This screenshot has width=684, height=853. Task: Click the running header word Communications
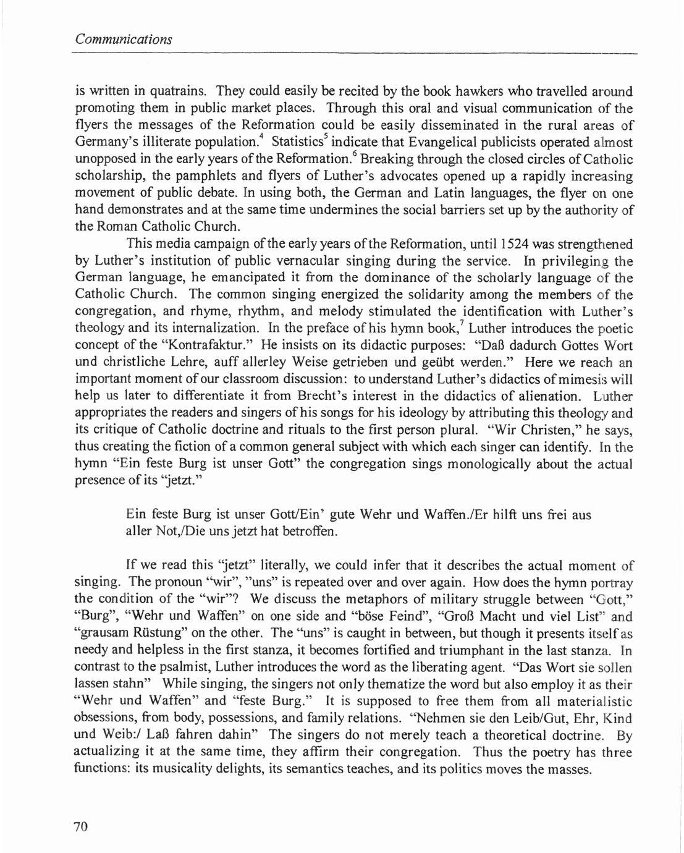(123, 40)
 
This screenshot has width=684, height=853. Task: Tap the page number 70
(82, 826)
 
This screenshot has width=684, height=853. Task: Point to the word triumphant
(494, 651)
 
